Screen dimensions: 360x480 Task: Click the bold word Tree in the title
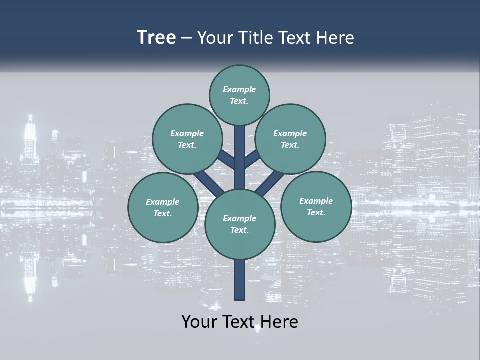pyautogui.click(x=156, y=38)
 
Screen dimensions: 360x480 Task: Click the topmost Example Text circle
pyautogui.click(x=239, y=95)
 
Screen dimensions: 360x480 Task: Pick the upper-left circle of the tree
pyautogui.click(x=187, y=139)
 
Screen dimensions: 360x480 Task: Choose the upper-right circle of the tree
pyautogui.click(x=290, y=139)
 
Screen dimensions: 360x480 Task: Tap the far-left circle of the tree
pyautogui.click(x=163, y=207)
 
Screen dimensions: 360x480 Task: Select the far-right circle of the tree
pyautogui.click(x=316, y=206)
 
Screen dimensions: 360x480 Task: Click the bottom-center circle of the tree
pyautogui.click(x=240, y=224)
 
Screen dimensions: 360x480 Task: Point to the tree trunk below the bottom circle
pyautogui.click(x=240, y=280)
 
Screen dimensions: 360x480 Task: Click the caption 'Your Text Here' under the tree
pyautogui.click(x=240, y=322)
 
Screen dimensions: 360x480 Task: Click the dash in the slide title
pyautogui.click(x=186, y=38)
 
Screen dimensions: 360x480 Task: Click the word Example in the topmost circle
pyautogui.click(x=239, y=89)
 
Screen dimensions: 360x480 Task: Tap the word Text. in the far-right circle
pyautogui.click(x=316, y=212)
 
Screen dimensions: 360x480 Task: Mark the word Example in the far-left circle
pyautogui.click(x=162, y=202)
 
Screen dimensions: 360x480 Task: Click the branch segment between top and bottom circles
pyautogui.click(x=240, y=157)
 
